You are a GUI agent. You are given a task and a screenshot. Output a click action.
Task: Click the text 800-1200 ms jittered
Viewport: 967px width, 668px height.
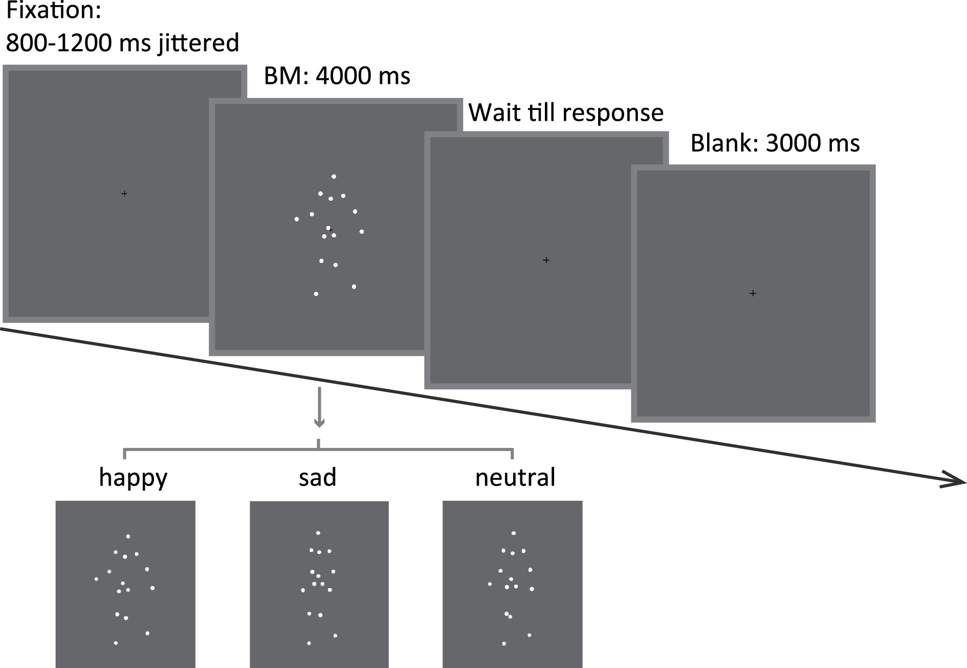tap(122, 42)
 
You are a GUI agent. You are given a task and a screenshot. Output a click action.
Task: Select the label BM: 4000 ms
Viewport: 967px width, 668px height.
tap(337, 76)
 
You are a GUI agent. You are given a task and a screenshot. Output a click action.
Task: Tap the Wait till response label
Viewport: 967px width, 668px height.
tap(566, 113)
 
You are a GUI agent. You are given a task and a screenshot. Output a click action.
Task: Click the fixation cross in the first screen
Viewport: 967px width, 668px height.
tap(124, 194)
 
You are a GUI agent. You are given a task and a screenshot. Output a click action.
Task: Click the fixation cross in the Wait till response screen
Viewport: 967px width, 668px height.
tap(546, 260)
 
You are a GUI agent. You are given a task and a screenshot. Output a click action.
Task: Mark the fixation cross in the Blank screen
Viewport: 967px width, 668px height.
tap(753, 294)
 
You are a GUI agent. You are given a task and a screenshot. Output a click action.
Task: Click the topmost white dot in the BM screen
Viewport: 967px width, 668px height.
tap(334, 176)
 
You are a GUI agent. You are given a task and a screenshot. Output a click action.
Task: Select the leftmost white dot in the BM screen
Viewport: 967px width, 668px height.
tap(297, 219)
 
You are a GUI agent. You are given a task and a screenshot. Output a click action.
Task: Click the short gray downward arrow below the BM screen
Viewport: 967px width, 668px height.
tap(319, 409)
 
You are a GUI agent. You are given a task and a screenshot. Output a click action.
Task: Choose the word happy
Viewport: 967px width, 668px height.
tap(133, 478)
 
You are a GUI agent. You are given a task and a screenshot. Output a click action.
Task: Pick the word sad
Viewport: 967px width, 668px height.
tap(317, 478)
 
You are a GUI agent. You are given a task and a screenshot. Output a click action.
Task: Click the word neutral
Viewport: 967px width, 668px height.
tap(515, 478)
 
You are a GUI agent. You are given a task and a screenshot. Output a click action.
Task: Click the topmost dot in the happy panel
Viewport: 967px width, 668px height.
tap(128, 537)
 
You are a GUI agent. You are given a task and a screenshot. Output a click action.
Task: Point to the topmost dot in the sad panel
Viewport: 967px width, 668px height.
tap(318, 533)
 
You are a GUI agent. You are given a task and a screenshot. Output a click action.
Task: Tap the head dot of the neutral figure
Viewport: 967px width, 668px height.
tap(514, 533)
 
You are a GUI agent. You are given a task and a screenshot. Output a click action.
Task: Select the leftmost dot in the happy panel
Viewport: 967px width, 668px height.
tap(96, 579)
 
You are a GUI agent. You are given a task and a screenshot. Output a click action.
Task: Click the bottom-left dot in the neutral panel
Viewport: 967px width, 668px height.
tap(504, 643)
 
